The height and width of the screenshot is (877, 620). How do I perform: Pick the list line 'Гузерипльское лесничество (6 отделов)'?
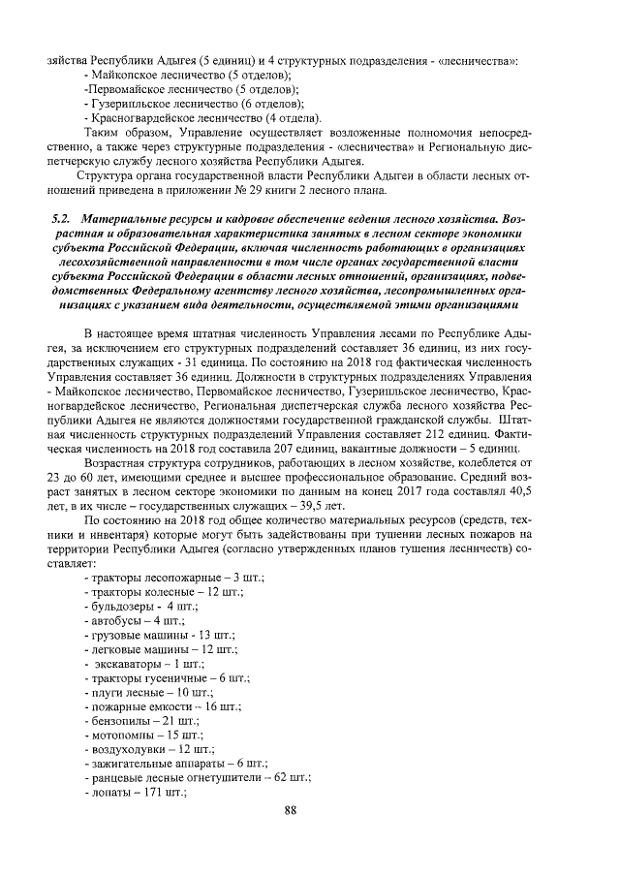194,103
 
